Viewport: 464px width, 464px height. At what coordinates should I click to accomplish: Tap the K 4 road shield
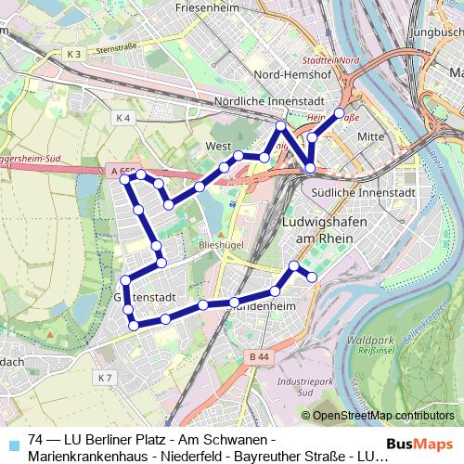tap(124, 117)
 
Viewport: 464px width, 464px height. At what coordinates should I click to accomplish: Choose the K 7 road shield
tap(104, 378)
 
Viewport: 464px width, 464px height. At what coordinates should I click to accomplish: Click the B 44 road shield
tap(259, 356)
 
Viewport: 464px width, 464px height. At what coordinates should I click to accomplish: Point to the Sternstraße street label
tap(116, 47)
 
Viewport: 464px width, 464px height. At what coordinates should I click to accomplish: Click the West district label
tap(217, 147)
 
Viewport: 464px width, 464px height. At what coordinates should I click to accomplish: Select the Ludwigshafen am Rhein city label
tap(319, 232)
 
